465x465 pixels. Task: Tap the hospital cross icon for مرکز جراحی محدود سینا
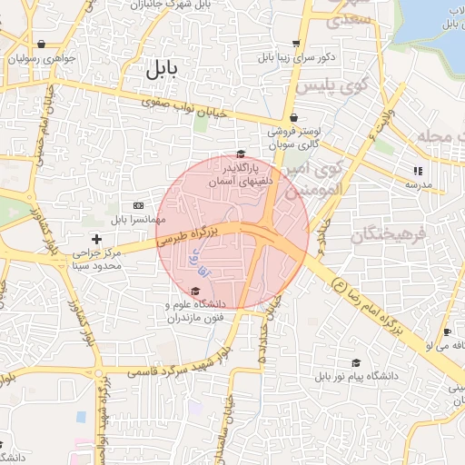pos(97,238)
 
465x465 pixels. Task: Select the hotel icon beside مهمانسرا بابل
pos(138,205)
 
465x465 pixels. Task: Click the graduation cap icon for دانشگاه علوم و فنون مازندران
pos(195,291)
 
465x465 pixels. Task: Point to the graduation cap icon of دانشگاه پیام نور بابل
pos(354,361)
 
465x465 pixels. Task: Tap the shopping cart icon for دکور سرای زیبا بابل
pos(296,44)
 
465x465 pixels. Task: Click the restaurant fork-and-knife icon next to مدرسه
pos(418,170)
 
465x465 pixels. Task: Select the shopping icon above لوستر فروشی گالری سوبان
pos(292,117)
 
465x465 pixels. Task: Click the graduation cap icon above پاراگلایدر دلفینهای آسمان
pos(241,154)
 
